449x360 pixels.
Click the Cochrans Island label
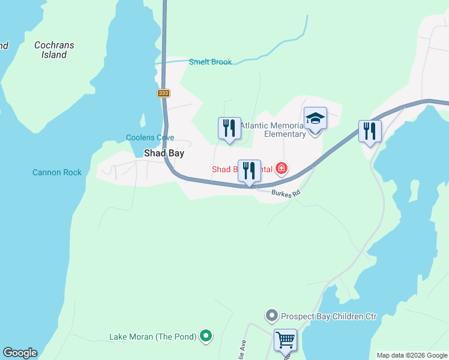click(x=50, y=50)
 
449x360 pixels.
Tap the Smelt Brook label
click(x=210, y=62)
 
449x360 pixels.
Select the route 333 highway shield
click(x=164, y=93)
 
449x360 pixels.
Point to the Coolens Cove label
click(x=150, y=137)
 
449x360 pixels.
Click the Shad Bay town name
click(x=164, y=153)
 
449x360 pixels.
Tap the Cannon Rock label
click(x=57, y=172)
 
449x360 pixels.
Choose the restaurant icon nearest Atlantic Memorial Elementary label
click(x=229, y=128)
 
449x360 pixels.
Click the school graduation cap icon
click(x=315, y=118)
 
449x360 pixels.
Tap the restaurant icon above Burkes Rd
click(x=249, y=171)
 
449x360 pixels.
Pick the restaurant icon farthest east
click(x=370, y=131)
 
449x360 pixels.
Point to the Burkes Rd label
click(x=286, y=193)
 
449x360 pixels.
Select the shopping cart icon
click(x=286, y=340)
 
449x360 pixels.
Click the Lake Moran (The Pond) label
click(x=153, y=337)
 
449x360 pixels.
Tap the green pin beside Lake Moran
click(x=206, y=336)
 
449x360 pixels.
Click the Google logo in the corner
click(x=20, y=353)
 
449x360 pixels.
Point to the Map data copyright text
click(x=412, y=355)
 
